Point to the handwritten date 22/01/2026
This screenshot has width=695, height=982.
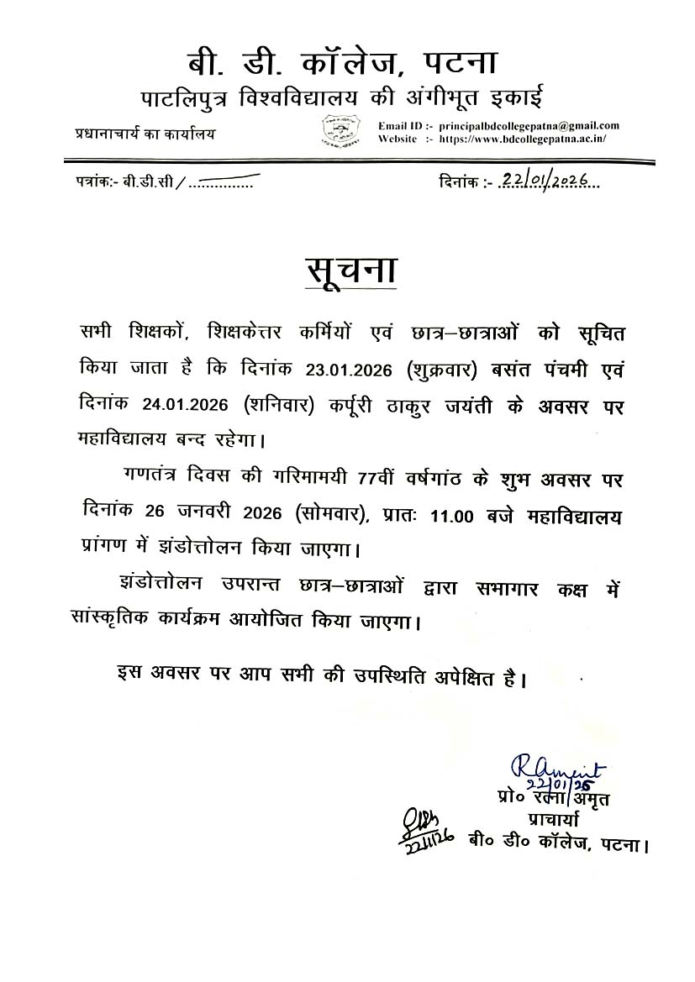tap(546, 180)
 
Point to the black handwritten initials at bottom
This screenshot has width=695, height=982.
tap(424, 832)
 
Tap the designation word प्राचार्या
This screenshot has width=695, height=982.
tap(553, 819)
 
